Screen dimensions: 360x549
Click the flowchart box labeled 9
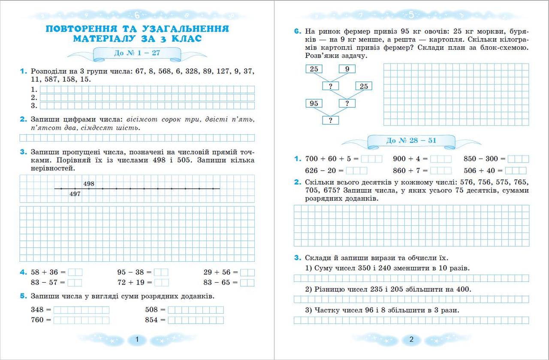point(347,69)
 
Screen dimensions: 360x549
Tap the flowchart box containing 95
point(314,103)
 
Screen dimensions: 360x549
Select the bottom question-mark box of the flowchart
point(330,121)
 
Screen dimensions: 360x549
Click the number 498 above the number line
point(89,184)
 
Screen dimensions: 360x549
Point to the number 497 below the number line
point(75,194)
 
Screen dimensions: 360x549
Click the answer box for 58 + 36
point(75,272)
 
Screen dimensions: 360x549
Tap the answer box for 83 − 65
point(247,282)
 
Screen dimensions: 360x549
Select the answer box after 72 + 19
point(161,282)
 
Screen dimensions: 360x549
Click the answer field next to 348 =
point(81,310)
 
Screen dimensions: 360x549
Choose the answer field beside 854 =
point(196,320)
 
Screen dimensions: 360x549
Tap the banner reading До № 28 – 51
point(411,140)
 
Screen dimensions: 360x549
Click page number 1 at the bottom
point(137,340)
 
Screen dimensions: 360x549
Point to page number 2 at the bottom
point(411,340)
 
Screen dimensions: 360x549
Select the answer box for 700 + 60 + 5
point(371,159)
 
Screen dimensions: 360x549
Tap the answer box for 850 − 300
point(519,159)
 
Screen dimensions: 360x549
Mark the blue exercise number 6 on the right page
point(297,32)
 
